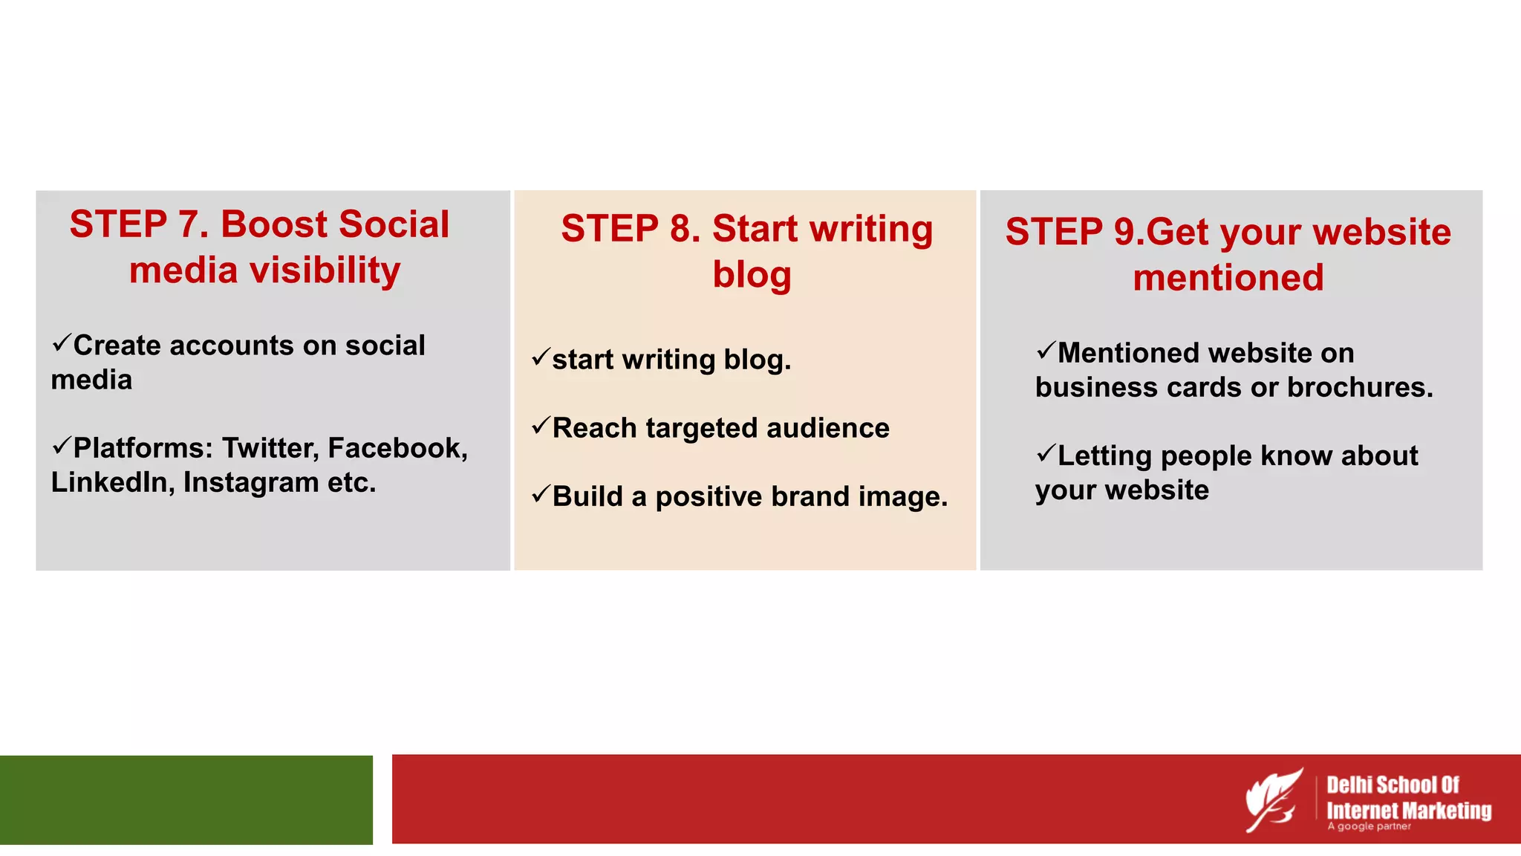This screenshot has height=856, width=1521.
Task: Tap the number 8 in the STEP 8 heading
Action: coord(680,229)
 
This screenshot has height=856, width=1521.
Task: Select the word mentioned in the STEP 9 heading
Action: coord(1228,278)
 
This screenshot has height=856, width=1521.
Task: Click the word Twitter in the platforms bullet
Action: coord(270,448)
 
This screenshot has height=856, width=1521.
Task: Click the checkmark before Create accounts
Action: coord(61,343)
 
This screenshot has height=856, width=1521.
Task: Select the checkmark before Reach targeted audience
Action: coord(540,426)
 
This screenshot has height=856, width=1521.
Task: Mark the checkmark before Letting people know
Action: coord(1046,453)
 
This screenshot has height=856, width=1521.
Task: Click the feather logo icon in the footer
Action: coord(1274,800)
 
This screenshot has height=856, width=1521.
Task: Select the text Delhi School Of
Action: coord(1393,785)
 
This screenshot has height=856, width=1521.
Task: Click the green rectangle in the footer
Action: coord(186,800)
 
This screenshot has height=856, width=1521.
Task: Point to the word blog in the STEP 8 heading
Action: coord(752,274)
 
